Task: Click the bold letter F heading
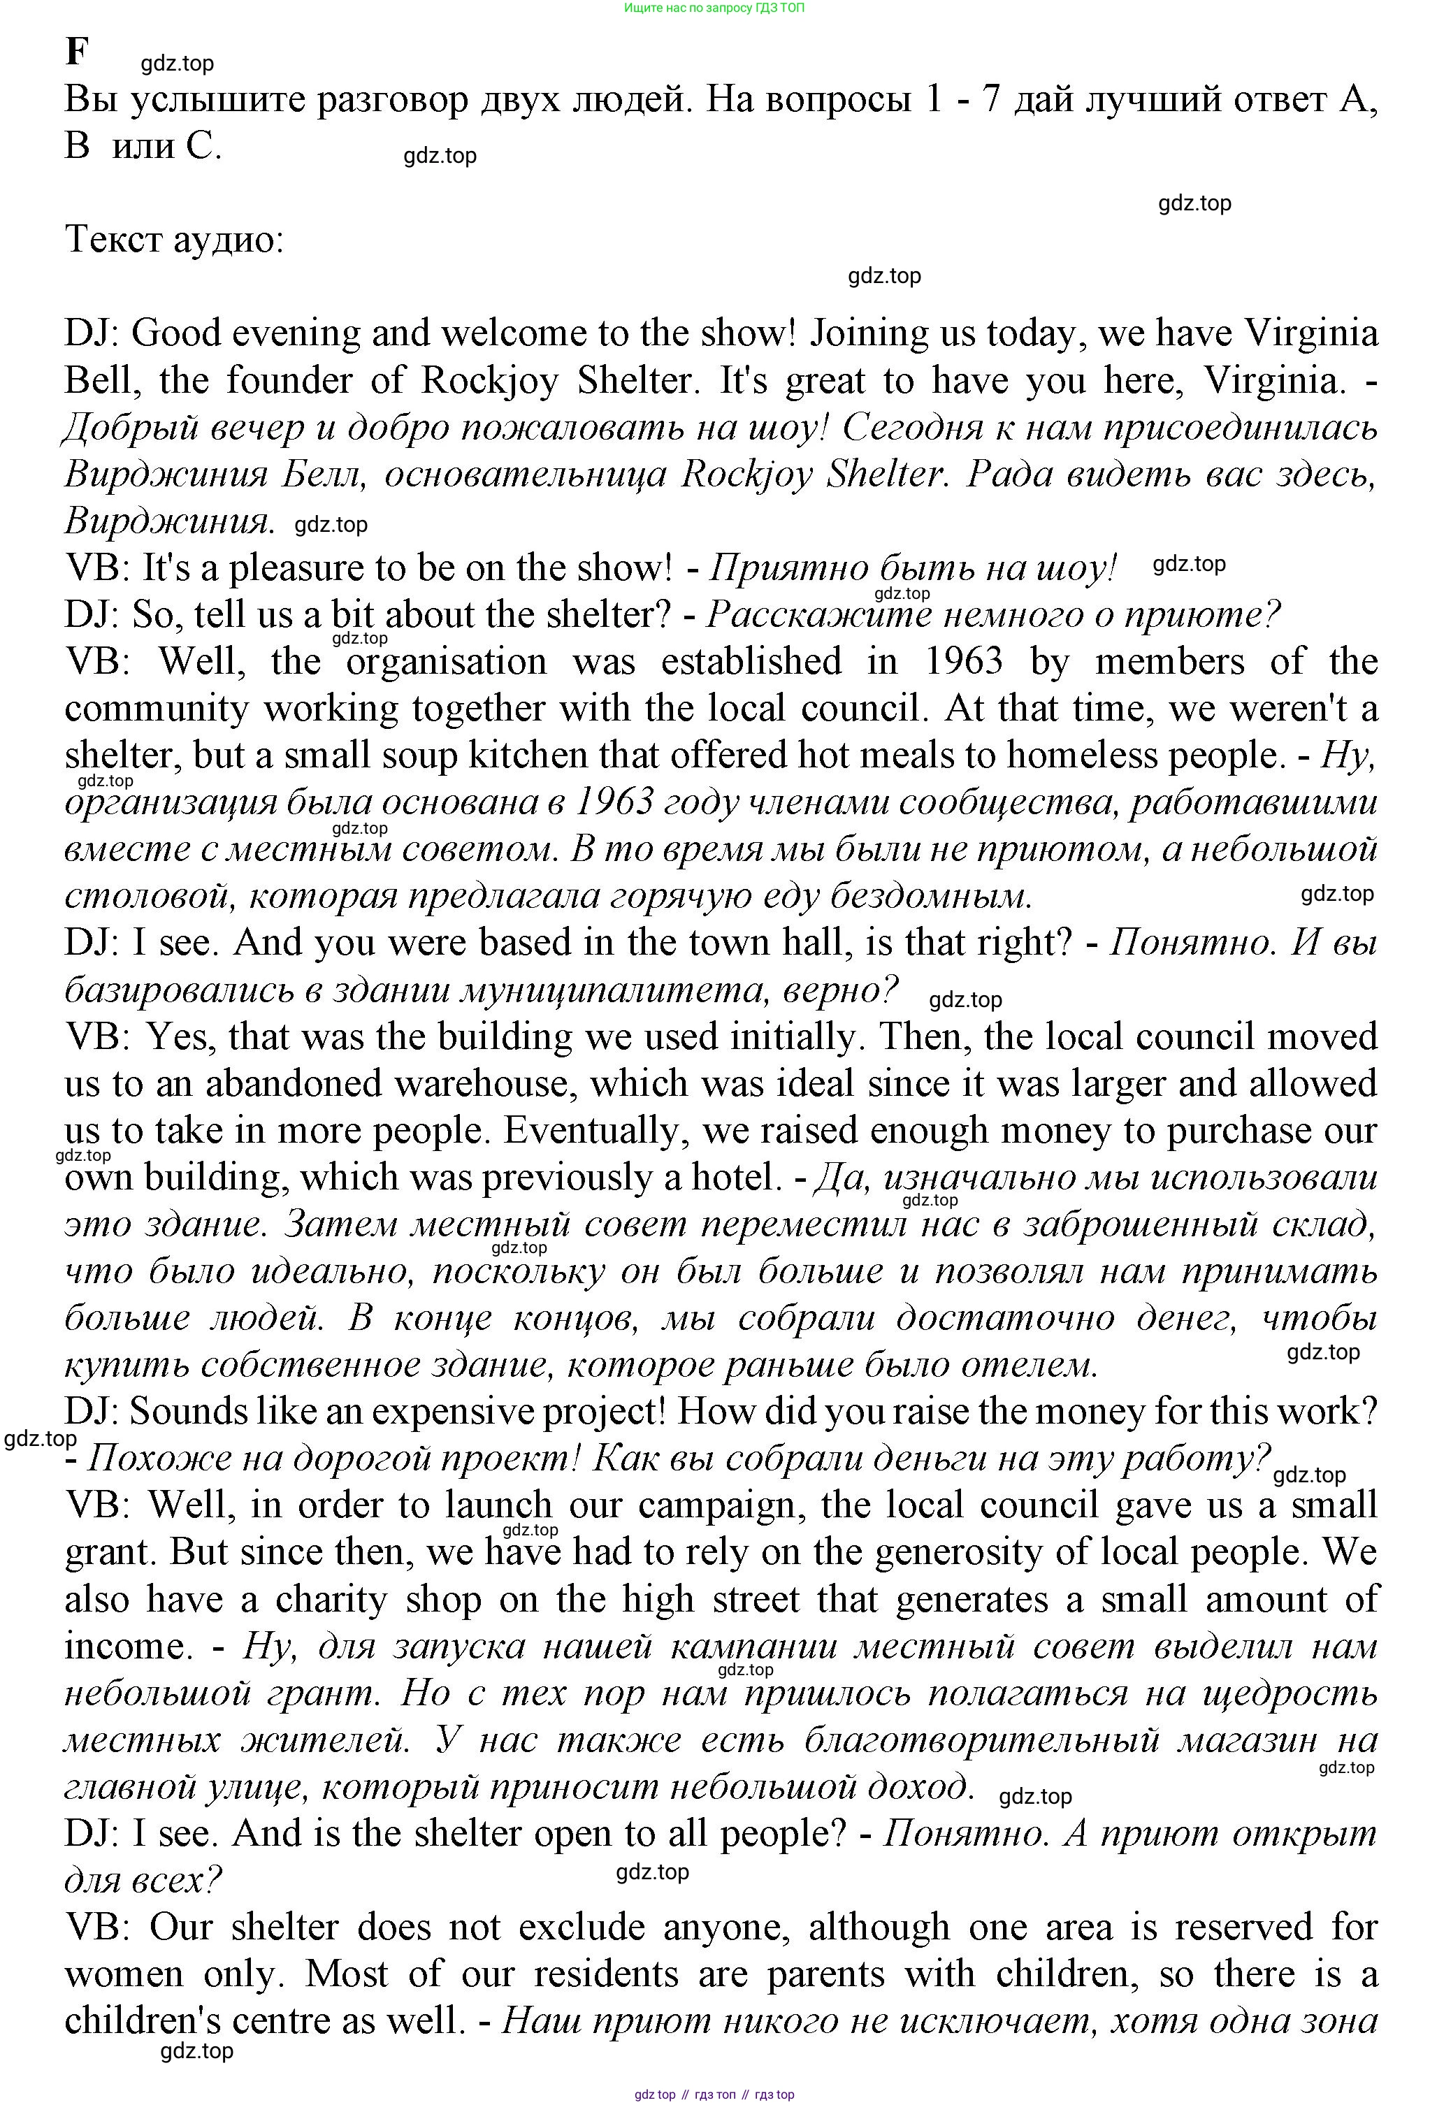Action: (77, 52)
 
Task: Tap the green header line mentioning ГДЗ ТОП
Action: (714, 8)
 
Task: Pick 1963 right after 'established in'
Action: (964, 662)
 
